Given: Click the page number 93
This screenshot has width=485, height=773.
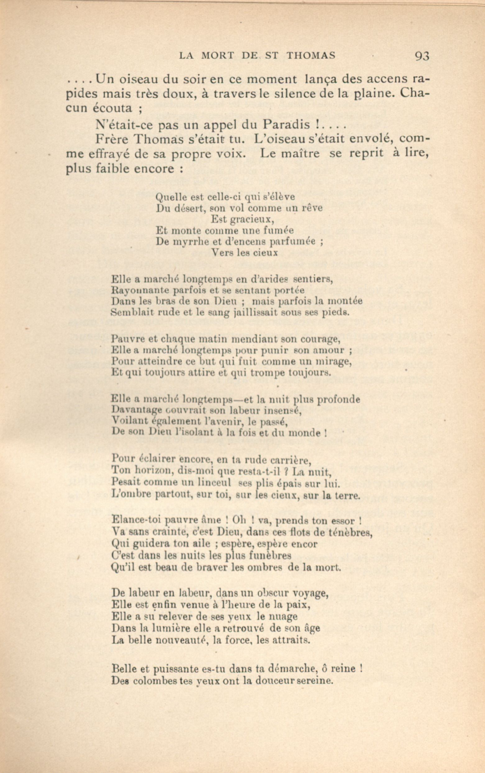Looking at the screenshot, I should tap(422, 56).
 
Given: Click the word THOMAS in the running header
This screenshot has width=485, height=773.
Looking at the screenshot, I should tap(311, 55).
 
